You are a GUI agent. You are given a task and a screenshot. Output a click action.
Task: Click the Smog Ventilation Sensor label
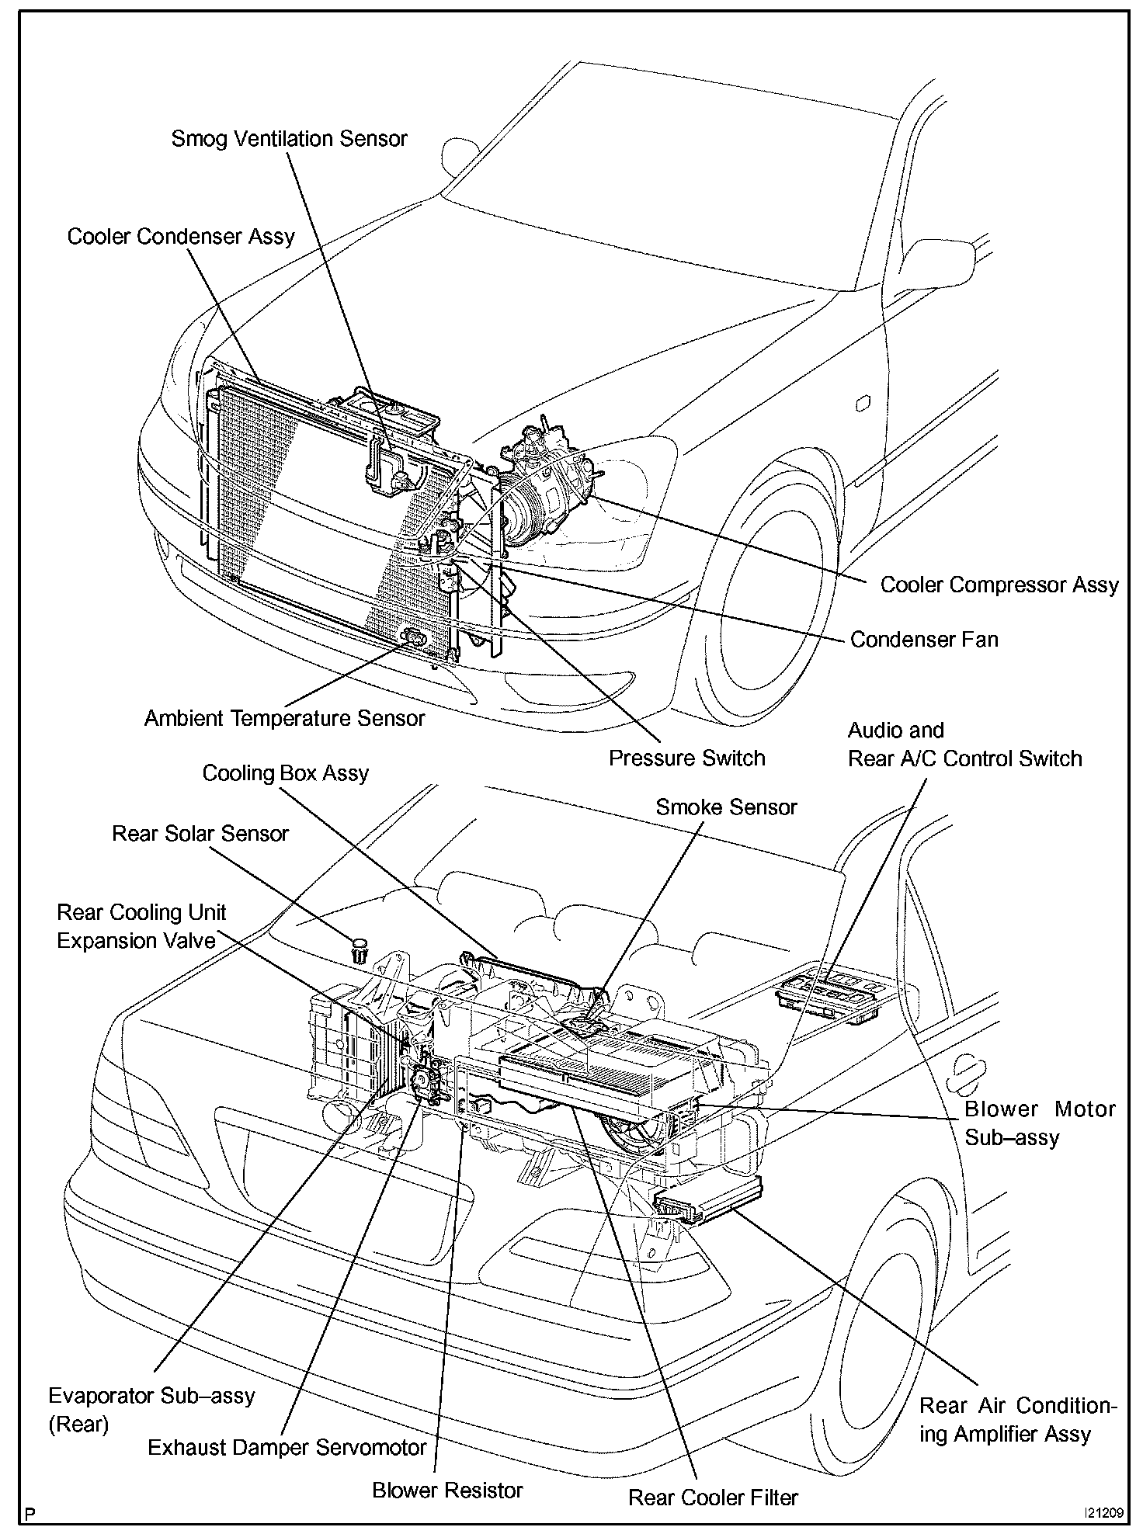289,139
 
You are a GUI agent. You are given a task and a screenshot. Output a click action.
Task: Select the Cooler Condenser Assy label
181,237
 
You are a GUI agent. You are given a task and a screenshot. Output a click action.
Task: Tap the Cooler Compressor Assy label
999,585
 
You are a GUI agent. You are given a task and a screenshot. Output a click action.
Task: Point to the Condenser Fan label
924,640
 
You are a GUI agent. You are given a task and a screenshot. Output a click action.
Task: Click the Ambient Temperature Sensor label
284,718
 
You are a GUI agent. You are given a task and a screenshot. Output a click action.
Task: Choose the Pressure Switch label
686,758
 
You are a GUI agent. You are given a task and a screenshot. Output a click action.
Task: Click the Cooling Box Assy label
285,773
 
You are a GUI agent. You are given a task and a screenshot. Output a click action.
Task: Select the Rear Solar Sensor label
200,834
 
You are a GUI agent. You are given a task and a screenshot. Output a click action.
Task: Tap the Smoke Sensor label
726,807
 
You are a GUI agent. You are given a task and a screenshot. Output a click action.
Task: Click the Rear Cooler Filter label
713,1498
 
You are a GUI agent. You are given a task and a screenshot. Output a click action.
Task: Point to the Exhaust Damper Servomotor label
287,1447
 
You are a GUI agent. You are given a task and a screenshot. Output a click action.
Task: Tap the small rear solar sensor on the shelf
358,949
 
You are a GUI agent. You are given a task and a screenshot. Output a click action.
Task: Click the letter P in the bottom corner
30,1514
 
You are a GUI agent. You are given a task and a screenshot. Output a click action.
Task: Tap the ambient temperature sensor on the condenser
414,638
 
